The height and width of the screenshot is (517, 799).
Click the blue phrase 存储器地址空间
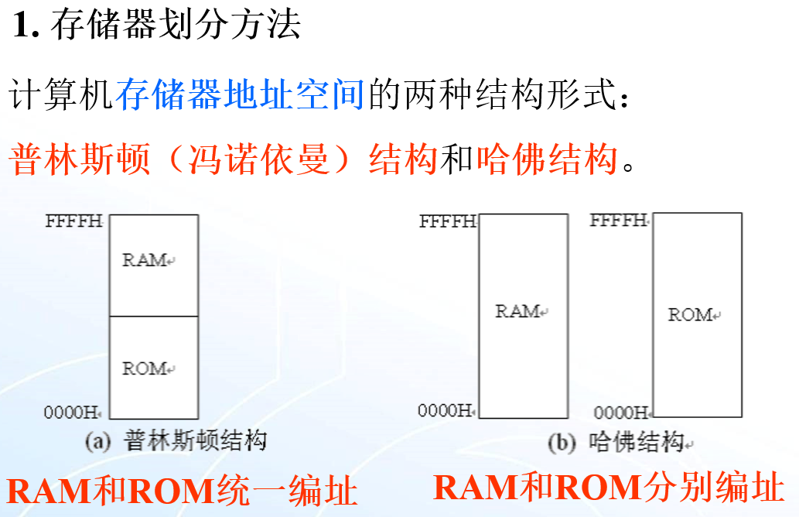(240, 96)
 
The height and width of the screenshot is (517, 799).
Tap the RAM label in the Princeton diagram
(145, 260)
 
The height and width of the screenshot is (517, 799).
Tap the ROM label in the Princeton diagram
(145, 368)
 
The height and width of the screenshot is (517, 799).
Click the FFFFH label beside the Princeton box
(73, 221)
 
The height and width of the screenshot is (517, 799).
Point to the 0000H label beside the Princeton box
(73, 413)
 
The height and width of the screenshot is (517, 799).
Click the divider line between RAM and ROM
(153, 316)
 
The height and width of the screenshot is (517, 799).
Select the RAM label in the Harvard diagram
(517, 311)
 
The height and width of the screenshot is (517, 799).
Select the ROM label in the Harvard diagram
(691, 315)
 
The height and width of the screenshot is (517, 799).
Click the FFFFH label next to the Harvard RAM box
(448, 222)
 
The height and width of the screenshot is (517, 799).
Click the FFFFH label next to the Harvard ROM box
(618, 221)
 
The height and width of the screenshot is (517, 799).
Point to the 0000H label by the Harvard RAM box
(446, 410)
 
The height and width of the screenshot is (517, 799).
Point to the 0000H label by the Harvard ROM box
(621, 413)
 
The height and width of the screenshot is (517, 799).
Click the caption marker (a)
(97, 442)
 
